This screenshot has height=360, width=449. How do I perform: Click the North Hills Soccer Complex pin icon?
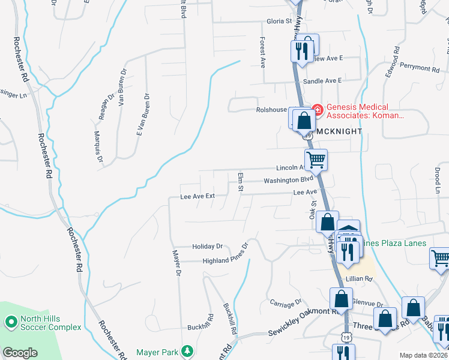tap(11, 323)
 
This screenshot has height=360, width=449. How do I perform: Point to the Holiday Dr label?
tap(207, 246)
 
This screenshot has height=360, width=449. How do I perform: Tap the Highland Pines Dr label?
tap(215, 259)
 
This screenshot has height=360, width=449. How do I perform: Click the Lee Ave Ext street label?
tap(197, 196)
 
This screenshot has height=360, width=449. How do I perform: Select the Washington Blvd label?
tap(289, 180)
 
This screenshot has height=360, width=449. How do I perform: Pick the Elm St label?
tap(241, 184)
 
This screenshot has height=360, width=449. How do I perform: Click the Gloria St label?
tap(279, 21)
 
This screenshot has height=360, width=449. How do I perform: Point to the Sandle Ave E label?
tap(322, 80)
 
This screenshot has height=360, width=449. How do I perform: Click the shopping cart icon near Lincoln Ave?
tap(316, 160)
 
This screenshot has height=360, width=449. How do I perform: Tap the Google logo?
tap(20, 353)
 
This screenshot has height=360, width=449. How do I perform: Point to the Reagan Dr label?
tap(110, 106)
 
